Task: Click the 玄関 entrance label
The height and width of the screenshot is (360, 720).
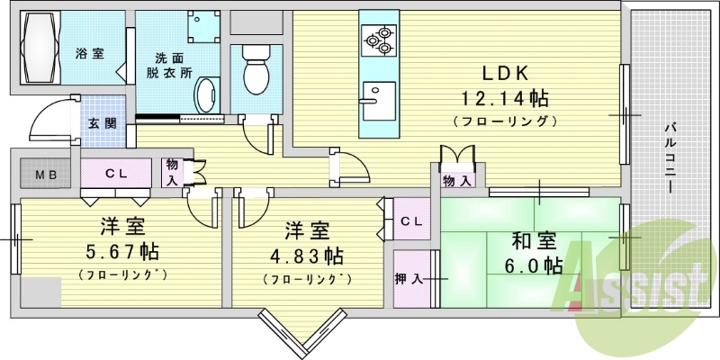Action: coord(101,123)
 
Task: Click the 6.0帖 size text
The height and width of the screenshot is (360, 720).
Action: coord(534,265)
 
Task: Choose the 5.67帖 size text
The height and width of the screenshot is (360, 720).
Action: coord(122,251)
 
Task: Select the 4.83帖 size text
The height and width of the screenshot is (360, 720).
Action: coord(308,256)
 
